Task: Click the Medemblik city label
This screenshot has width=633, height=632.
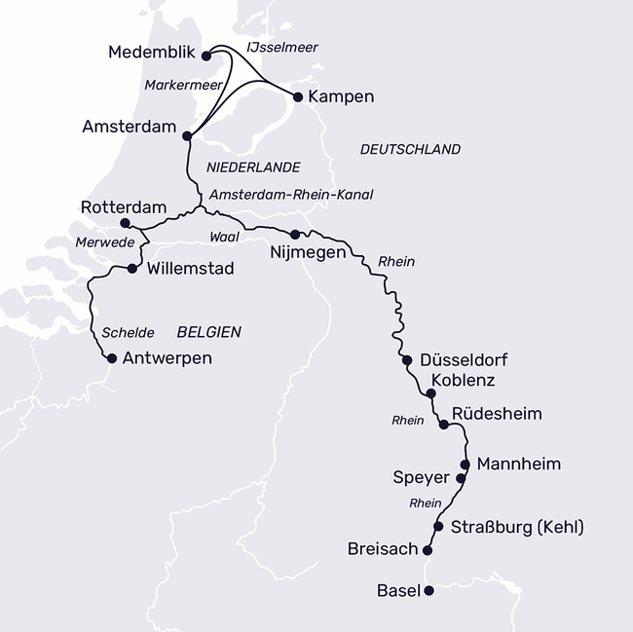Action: pos(152,53)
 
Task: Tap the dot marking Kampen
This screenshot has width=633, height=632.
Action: pos(297,96)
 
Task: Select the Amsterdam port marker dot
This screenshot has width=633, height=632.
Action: pos(186,137)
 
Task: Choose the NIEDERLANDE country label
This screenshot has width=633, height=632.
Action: pos(253,167)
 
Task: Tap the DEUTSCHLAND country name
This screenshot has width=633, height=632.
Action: pos(410,149)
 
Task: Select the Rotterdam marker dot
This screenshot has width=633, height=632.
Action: pos(123,223)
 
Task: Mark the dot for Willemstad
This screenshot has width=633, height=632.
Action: pos(131,269)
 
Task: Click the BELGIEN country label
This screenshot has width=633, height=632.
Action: pos(209,332)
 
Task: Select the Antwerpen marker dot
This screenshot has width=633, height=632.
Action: pos(111,358)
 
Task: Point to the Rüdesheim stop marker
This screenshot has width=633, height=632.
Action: pos(444,425)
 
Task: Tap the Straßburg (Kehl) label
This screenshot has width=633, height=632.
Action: pos(517,528)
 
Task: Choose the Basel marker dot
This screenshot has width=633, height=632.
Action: pos(428,589)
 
